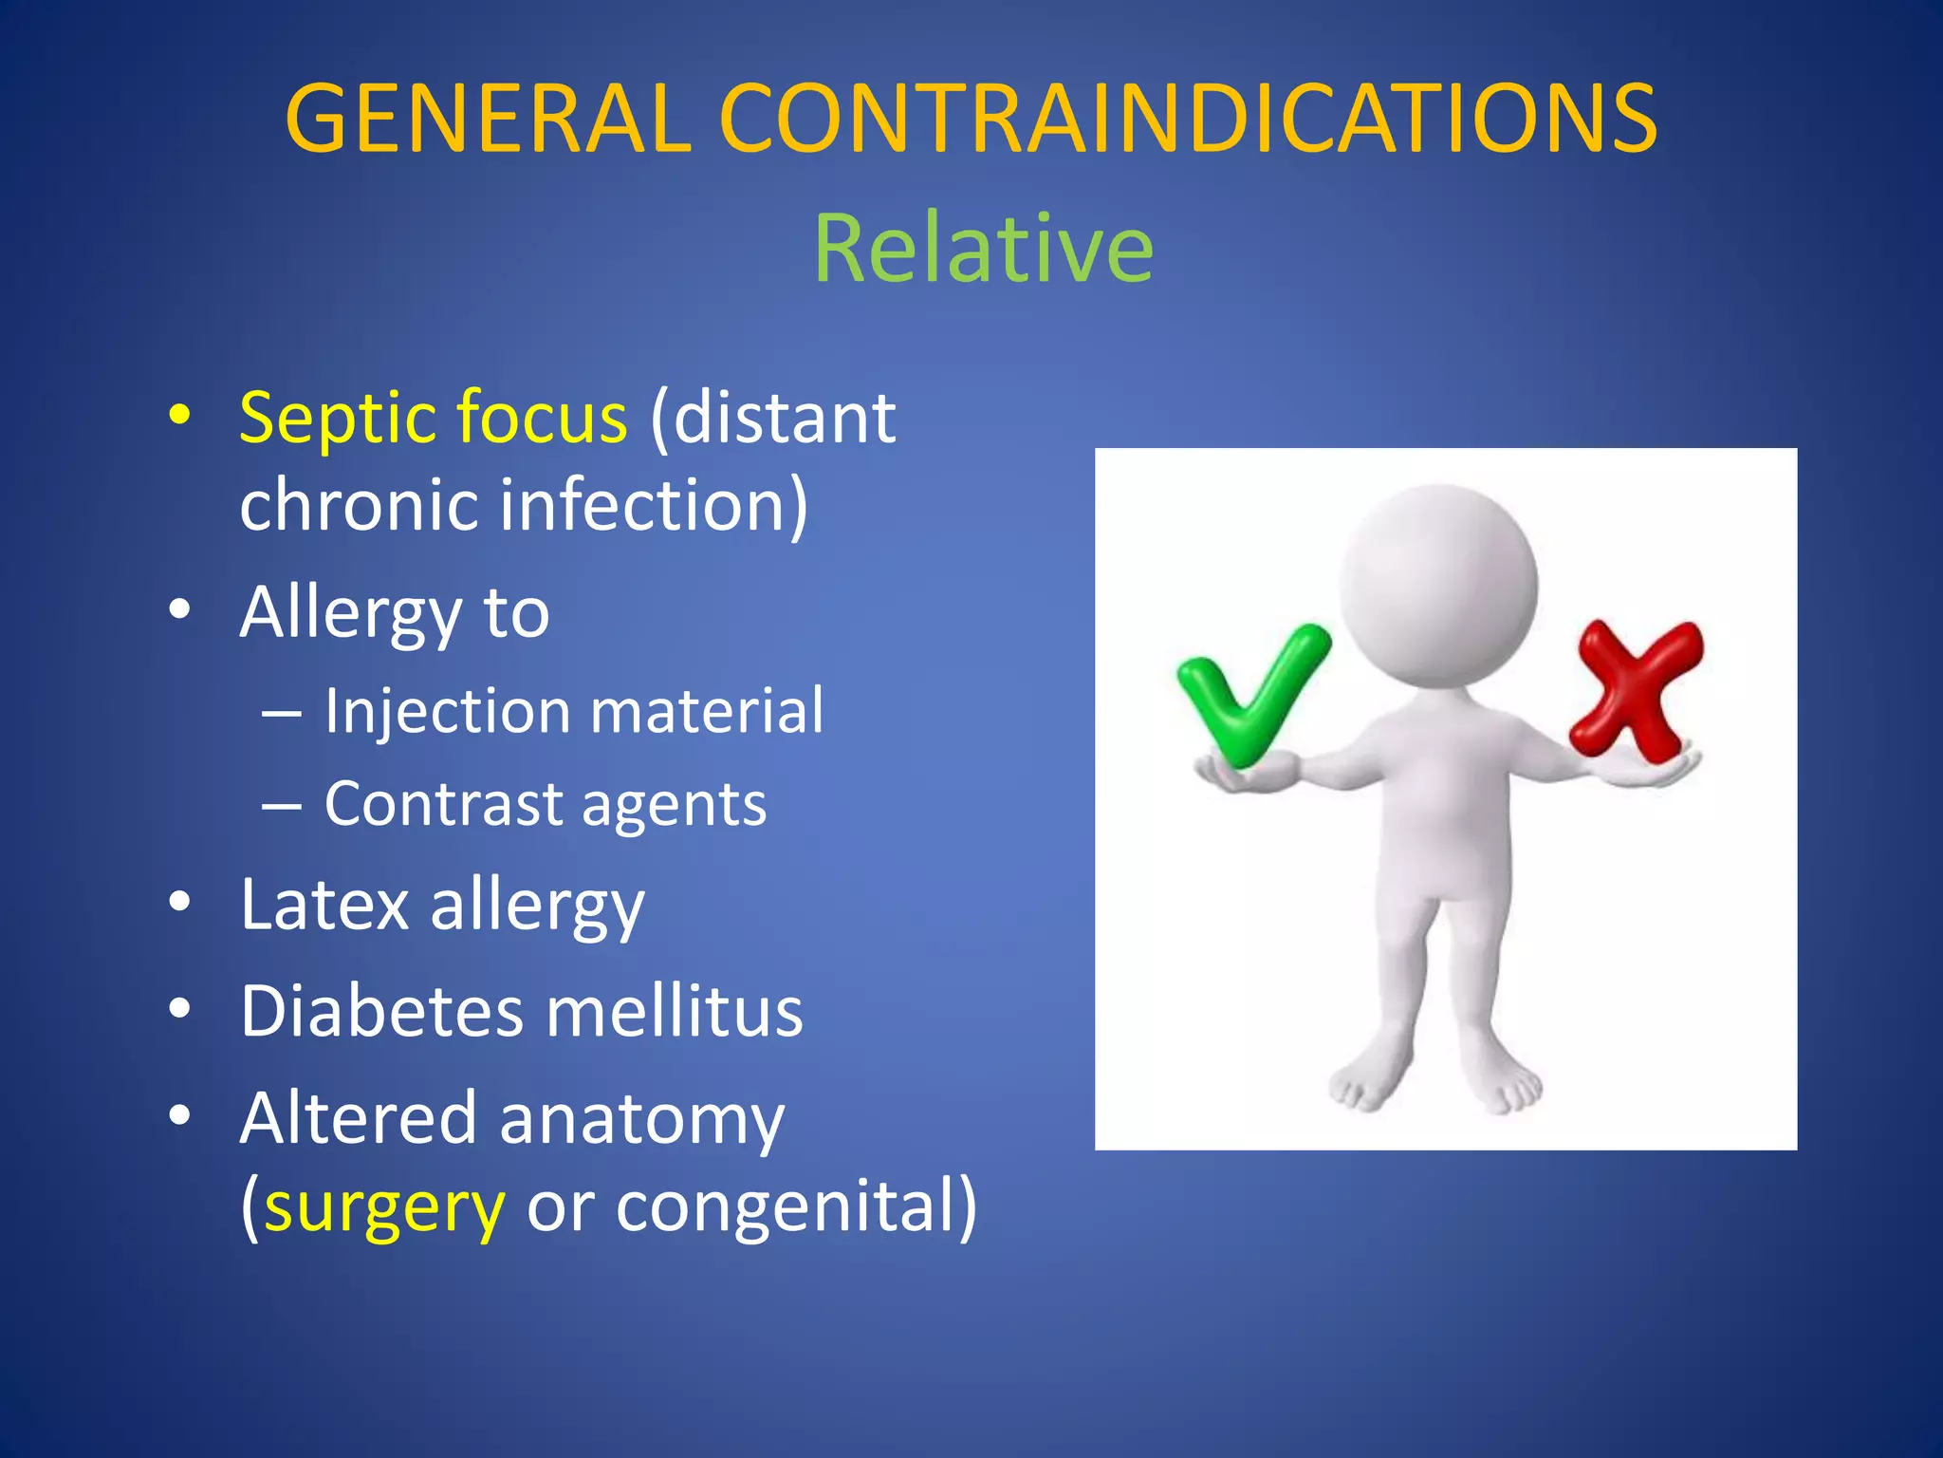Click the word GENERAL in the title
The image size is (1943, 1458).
[489, 119]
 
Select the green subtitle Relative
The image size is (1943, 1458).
[984, 249]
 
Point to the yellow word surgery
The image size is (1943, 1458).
[384, 1208]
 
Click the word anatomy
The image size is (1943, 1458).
[641, 1120]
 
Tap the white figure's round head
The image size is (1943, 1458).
[1438, 584]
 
